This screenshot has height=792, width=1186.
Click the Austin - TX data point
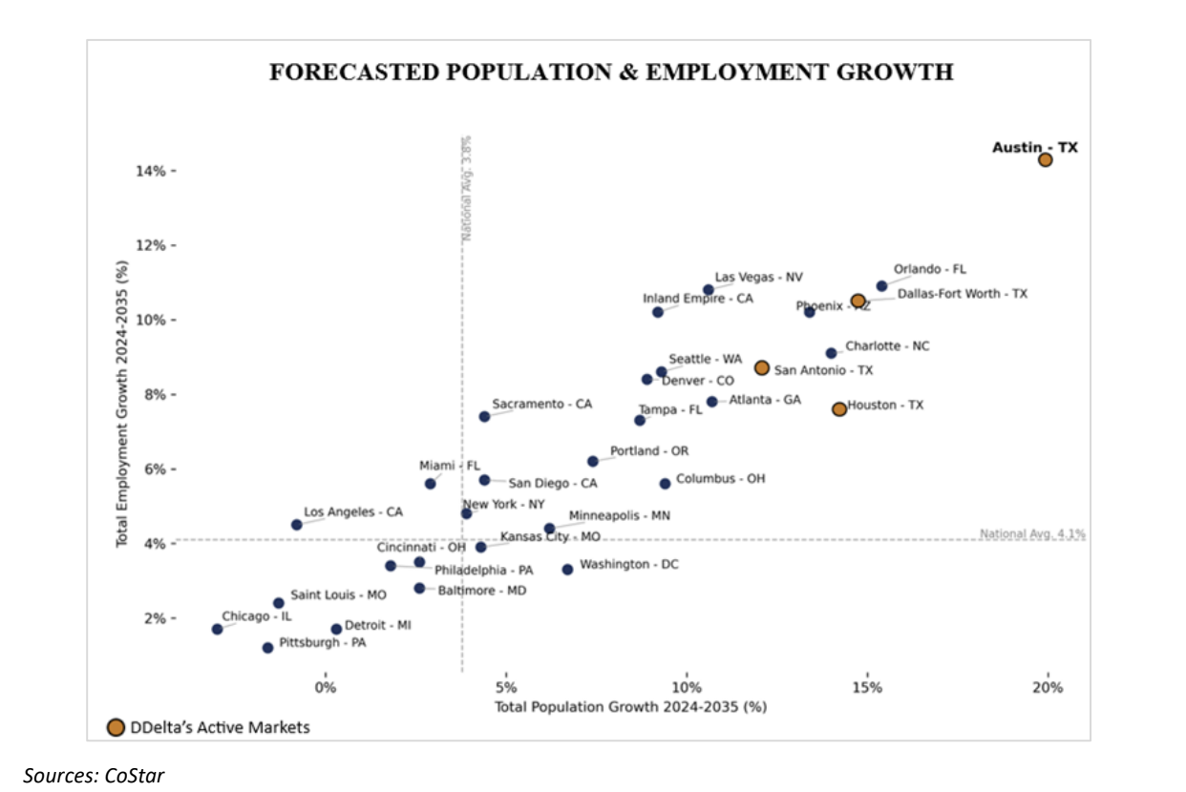1046,159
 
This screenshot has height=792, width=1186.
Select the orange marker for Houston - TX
839,408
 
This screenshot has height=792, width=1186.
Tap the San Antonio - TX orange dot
761,367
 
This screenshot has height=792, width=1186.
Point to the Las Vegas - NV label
758,278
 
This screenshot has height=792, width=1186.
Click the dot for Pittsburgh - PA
267,648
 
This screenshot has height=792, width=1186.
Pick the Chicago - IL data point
217,629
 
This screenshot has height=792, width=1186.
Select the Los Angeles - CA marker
296,525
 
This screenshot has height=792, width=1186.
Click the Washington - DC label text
628,565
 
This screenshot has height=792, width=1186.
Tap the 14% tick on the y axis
159,171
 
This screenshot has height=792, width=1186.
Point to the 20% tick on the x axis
1048,688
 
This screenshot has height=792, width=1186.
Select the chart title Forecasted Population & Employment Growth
611,73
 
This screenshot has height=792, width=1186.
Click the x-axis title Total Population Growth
630,707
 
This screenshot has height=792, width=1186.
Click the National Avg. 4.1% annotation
1032,534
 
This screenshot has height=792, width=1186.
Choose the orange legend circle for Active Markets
116,727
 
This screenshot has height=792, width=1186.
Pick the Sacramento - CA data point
484,416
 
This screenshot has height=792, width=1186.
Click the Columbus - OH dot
665,484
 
